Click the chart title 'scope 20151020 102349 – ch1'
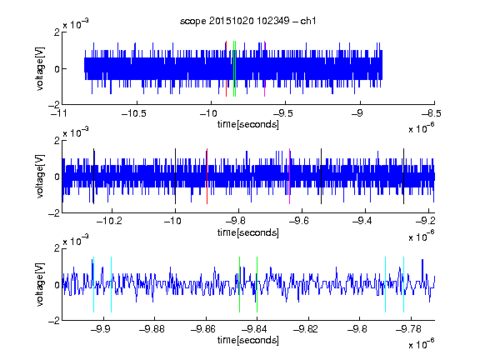coord(247,21)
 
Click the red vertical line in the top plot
coord(226,68)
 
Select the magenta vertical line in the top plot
coord(264,68)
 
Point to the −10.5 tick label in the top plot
coord(134,113)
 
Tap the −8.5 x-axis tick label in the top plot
coord(432,113)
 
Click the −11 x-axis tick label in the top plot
coord(59,113)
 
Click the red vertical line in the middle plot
coord(207,176)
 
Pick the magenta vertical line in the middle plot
coord(290,176)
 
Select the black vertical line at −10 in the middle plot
coord(175,176)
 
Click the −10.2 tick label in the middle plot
coord(109,220)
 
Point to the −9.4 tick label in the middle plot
coord(362,220)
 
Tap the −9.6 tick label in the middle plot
coord(299,220)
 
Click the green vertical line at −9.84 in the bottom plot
coord(257,284)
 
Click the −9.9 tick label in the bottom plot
coord(100,329)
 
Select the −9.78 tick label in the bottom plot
coord(408,329)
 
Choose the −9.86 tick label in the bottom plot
coord(203,329)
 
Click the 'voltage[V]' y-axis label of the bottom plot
coord(40,284)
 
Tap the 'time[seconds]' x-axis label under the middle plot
coord(248,232)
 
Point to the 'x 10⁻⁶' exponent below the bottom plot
coord(422,343)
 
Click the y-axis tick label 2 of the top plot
coord(57,32)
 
